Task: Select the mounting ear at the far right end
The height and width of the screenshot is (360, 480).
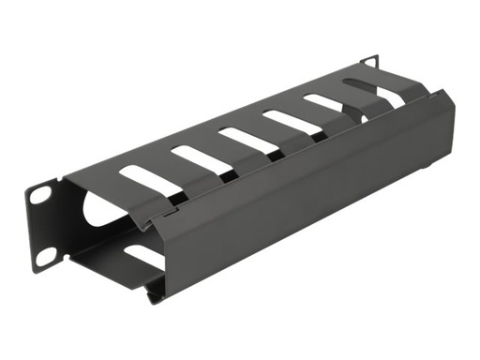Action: click(x=369, y=62)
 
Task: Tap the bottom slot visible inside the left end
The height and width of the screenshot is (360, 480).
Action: click(x=141, y=255)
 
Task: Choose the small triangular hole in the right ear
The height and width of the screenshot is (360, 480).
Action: click(x=372, y=63)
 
